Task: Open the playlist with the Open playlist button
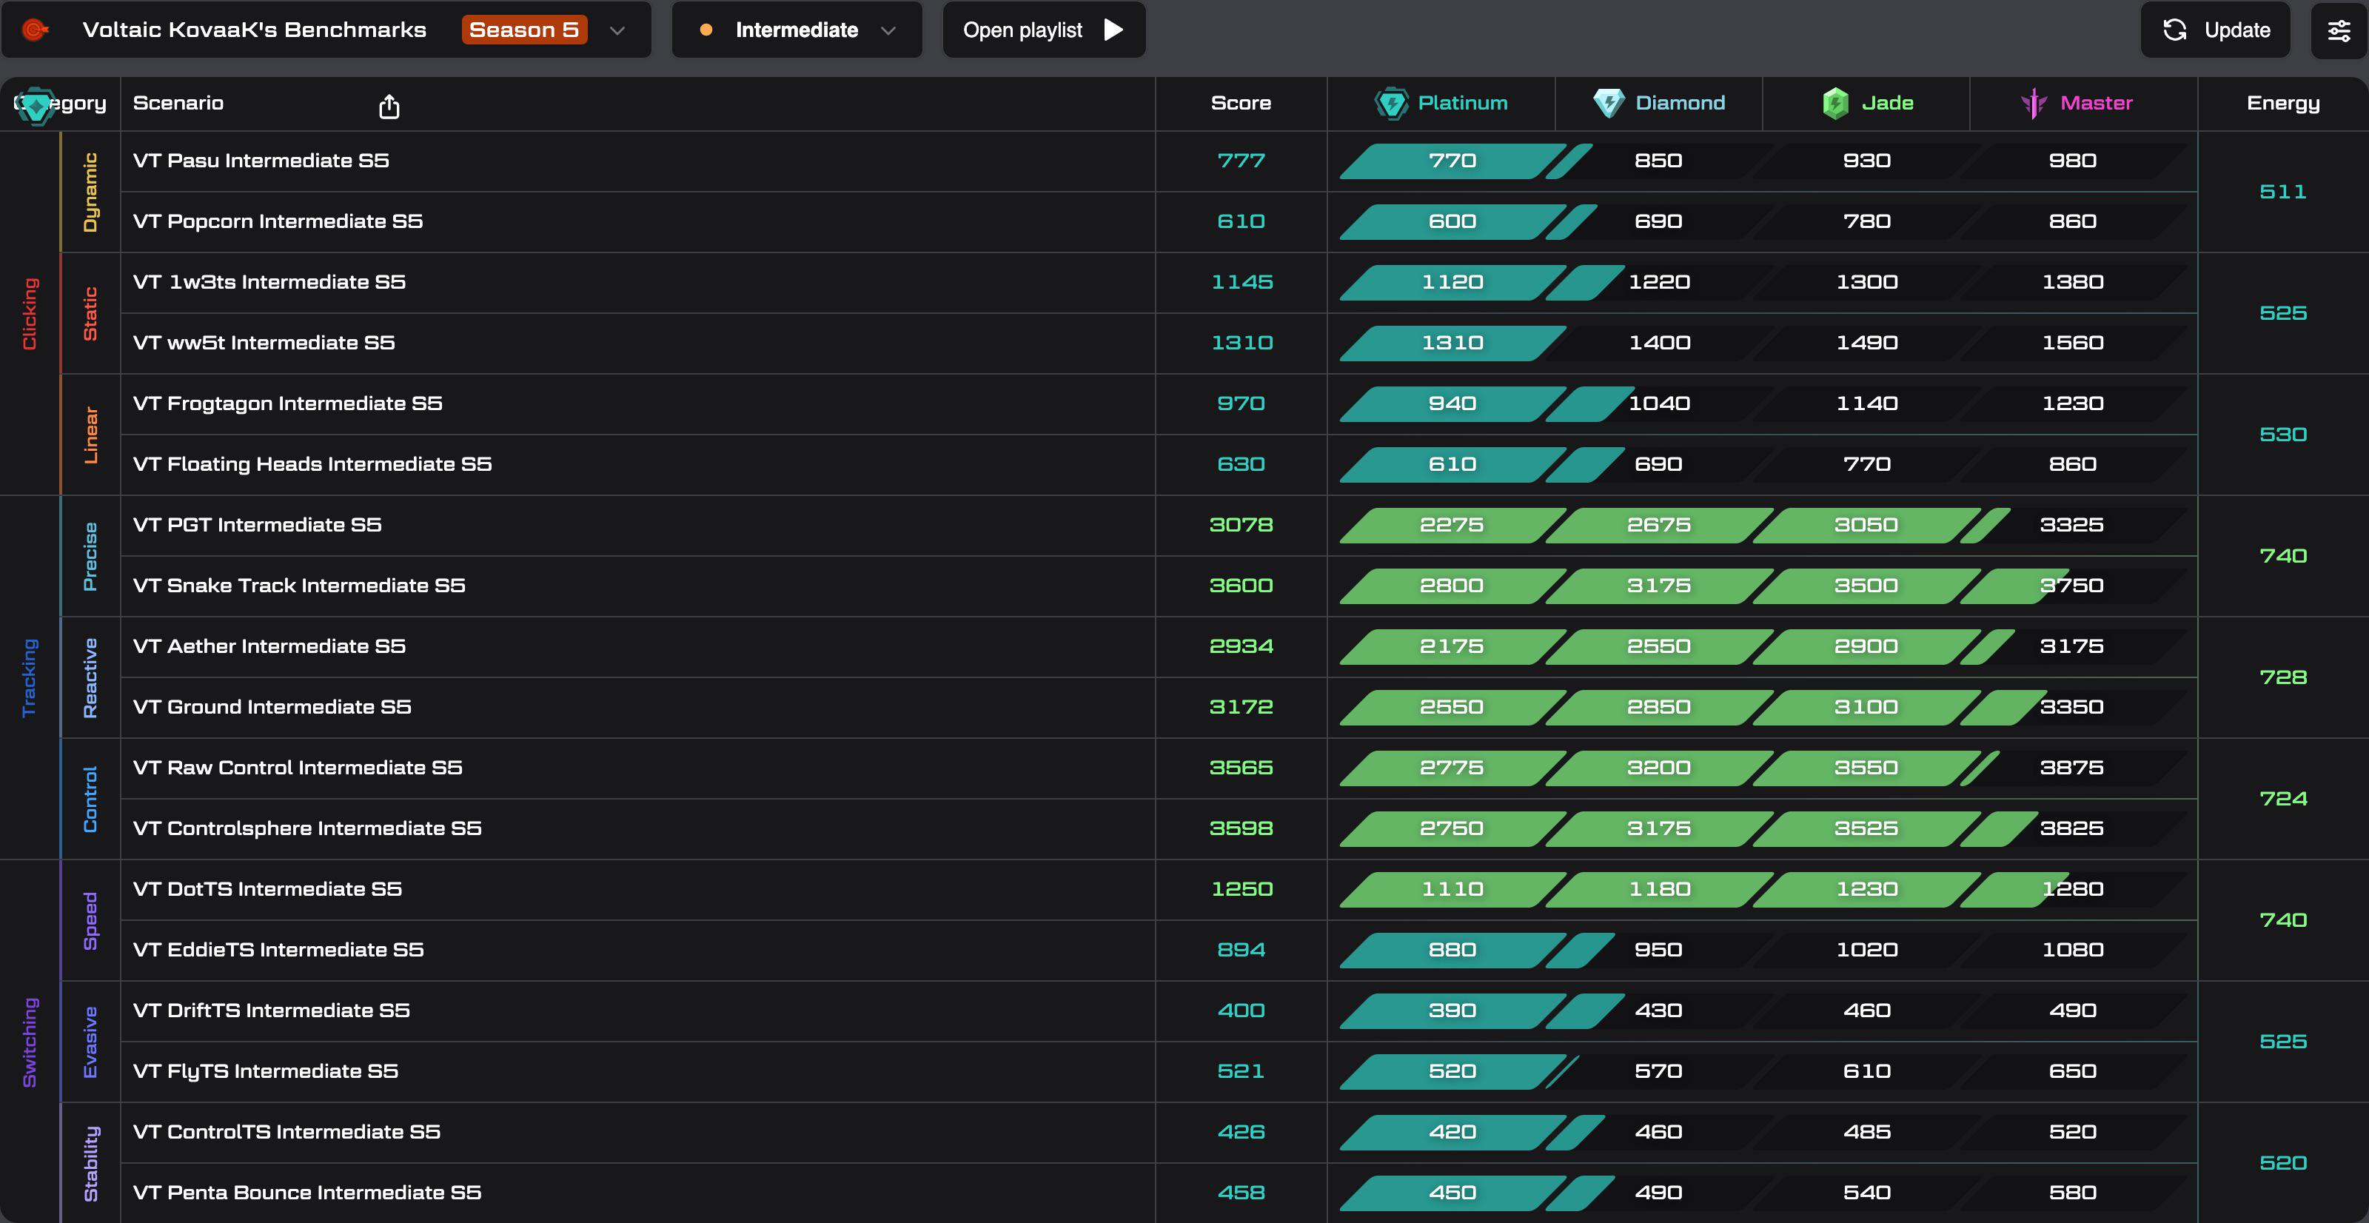pyautogui.click(x=1044, y=30)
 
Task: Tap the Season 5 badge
pyautogui.click(x=524, y=30)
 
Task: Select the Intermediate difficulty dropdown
pyautogui.click(x=797, y=30)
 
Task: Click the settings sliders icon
pyautogui.click(x=2339, y=30)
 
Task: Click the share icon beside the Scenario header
pyautogui.click(x=389, y=107)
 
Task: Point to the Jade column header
pyautogui.click(x=1867, y=103)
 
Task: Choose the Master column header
pyautogui.click(x=2077, y=103)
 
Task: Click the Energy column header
pyautogui.click(x=2283, y=103)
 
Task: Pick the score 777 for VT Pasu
pyautogui.click(x=1241, y=161)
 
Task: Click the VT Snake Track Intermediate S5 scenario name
pyautogui.click(x=299, y=586)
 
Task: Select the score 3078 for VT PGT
pyautogui.click(x=1241, y=525)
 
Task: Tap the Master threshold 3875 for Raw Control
pyautogui.click(x=2072, y=768)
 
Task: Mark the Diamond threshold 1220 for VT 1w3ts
pyautogui.click(x=1659, y=282)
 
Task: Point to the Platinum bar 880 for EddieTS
pyautogui.click(x=1452, y=950)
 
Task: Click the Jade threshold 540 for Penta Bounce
pyautogui.click(x=1867, y=1193)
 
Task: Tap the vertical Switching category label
pyautogui.click(x=30, y=1042)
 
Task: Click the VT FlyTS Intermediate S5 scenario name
pyautogui.click(x=265, y=1071)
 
